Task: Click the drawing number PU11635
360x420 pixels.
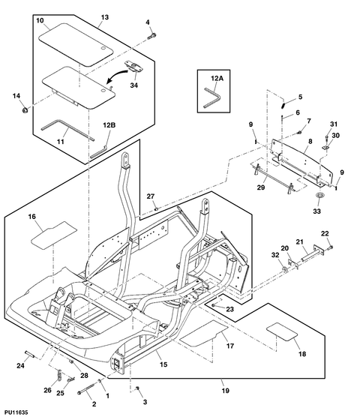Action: (x=16, y=412)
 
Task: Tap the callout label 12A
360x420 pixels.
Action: (x=217, y=78)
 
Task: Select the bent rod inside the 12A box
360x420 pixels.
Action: (x=213, y=97)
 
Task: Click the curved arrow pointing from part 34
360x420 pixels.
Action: (x=117, y=75)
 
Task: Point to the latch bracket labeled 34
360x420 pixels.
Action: (x=133, y=67)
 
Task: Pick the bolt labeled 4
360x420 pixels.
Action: (x=152, y=36)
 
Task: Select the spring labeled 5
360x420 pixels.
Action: (x=284, y=103)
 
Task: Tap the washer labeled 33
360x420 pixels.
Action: (x=318, y=195)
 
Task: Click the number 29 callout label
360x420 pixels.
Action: (x=261, y=187)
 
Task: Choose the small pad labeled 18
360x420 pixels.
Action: (x=282, y=331)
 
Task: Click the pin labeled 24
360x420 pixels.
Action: (x=30, y=353)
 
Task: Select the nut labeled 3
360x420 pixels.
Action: (x=137, y=388)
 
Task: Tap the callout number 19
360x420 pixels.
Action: (x=226, y=391)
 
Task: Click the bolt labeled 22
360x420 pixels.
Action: (x=330, y=247)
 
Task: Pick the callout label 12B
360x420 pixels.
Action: (x=109, y=125)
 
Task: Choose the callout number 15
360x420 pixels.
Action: (x=163, y=364)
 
